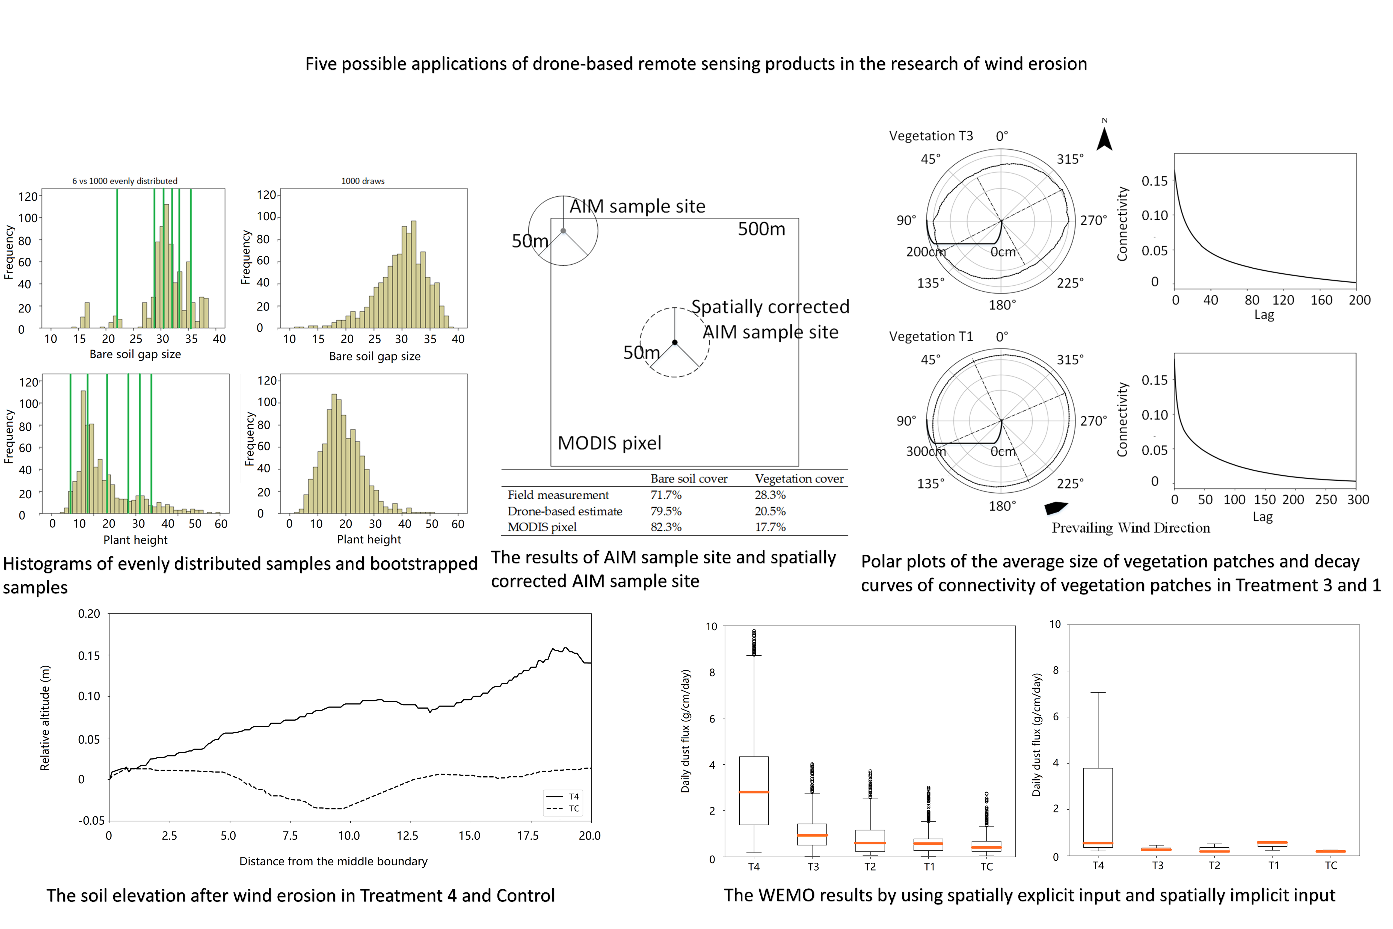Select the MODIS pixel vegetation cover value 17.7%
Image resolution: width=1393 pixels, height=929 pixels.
click(770, 527)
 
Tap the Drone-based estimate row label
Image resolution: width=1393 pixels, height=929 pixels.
click(564, 511)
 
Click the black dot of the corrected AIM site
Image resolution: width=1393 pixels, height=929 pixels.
click(675, 342)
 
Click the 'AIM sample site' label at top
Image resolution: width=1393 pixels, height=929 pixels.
click(637, 206)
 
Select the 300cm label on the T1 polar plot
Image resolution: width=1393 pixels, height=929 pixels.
click(925, 451)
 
